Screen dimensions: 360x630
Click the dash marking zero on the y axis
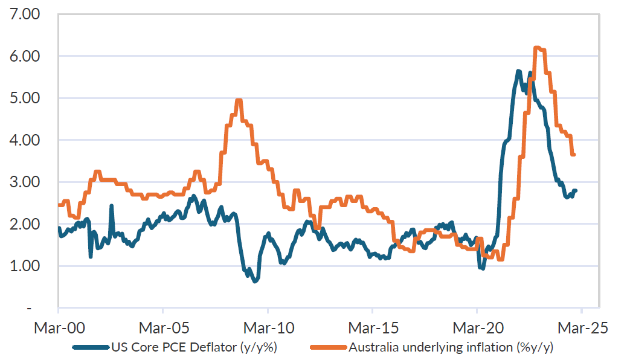(29, 309)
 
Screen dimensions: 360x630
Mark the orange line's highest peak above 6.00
(538, 47)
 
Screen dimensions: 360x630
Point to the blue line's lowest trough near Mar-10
(256, 281)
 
